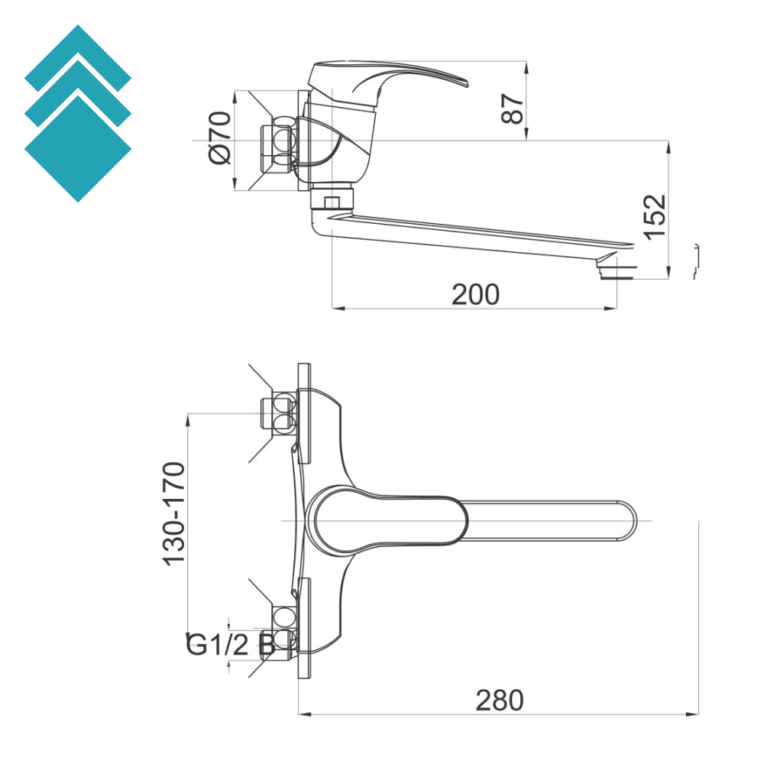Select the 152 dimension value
click(656, 217)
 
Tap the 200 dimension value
click(475, 294)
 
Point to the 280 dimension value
click(500, 700)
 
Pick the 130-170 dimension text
click(175, 513)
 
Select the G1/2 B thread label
click(230, 645)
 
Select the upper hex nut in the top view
click(279, 413)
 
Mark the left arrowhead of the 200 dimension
click(337, 309)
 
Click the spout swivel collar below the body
click(332, 199)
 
